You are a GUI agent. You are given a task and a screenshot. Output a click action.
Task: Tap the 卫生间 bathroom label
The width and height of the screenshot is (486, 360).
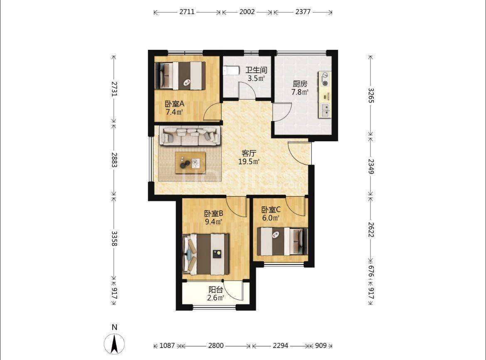coord(256,70)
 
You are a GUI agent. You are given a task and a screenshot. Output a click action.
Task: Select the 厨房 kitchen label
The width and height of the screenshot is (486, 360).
coord(300,84)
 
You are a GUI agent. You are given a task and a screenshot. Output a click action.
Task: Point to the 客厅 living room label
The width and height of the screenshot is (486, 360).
coord(249,153)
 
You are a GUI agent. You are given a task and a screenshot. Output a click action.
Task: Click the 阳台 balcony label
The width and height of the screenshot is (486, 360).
coord(216,290)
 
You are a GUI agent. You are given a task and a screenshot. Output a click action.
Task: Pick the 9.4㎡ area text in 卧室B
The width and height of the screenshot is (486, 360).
coord(214,221)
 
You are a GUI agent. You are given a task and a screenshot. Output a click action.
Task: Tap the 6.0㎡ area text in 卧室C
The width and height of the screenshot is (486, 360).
coord(271,218)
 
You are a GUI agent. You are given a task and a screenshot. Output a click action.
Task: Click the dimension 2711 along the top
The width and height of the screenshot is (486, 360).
coord(187,12)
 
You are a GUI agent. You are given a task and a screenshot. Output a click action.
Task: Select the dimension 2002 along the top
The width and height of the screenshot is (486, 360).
coord(247,12)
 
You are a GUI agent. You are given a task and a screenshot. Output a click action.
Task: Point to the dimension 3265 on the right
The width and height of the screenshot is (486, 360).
coord(371,96)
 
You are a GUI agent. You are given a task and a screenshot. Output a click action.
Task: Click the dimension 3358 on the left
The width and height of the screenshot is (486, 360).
coord(114,238)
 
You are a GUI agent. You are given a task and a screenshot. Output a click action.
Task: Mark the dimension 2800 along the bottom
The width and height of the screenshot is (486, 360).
coord(216,345)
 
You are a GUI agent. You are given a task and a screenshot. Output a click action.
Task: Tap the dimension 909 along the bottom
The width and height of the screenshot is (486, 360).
coord(321,345)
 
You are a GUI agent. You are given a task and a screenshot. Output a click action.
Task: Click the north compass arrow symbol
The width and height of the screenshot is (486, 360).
coord(114,344)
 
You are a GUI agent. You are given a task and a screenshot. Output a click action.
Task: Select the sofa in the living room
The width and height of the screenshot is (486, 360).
coord(190,136)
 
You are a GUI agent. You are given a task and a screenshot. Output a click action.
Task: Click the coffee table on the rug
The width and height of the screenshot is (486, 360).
coord(190,163)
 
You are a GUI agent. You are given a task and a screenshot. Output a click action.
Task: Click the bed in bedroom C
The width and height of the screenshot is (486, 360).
coord(282,241)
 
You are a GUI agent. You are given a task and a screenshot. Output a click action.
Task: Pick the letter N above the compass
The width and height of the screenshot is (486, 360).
coord(114,327)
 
